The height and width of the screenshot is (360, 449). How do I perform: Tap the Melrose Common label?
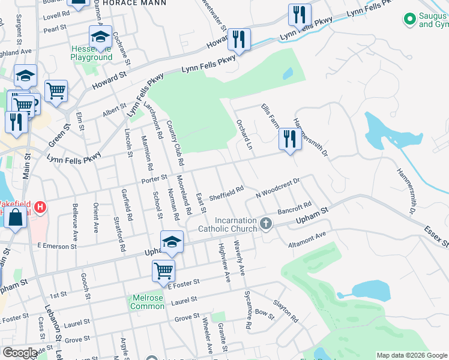coord(147,302)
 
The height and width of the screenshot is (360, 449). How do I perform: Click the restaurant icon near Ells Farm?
coord(290,140)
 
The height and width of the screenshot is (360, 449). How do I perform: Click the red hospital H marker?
coord(40,208)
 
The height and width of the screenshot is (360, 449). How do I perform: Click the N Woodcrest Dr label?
coord(277,187)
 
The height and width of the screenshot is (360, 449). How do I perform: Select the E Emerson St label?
coord(57,246)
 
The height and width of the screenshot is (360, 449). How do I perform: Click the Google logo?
coord(20,353)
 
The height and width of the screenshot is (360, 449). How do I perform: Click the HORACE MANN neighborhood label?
coord(131,3)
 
